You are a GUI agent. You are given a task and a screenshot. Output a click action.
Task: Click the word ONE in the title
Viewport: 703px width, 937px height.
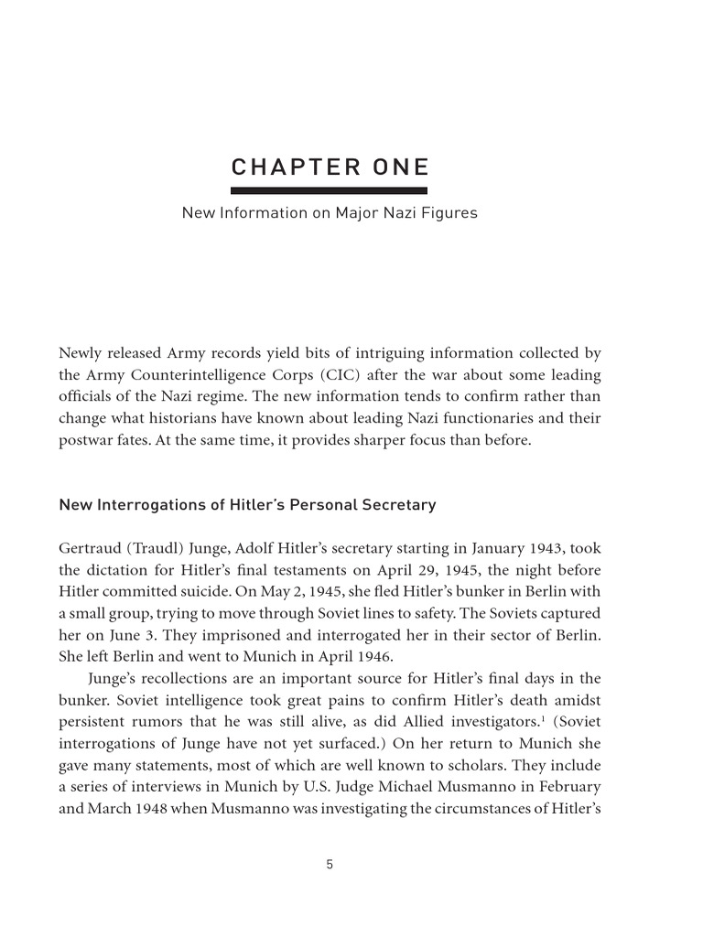tap(397, 167)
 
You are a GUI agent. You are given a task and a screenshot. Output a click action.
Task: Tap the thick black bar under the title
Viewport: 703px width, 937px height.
tap(329, 190)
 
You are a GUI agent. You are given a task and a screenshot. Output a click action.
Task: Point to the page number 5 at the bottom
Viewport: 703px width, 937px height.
tap(330, 864)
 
